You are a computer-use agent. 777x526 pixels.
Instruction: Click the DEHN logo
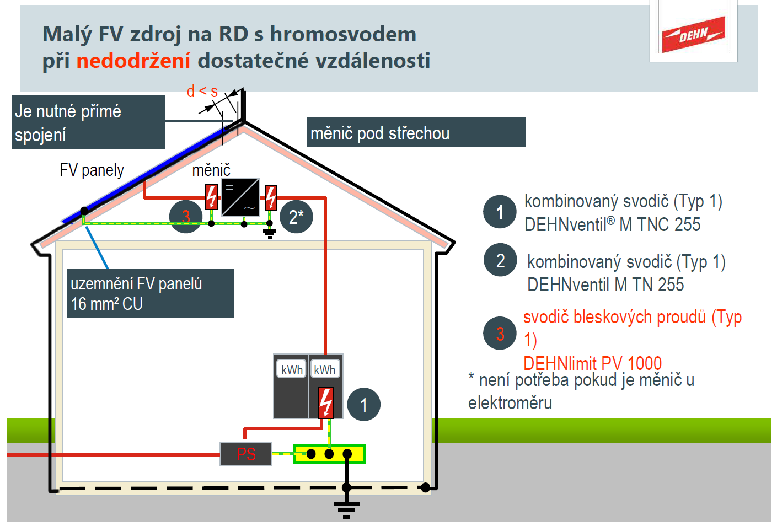coord(693,34)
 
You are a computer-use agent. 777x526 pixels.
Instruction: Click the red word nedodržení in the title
coord(133,61)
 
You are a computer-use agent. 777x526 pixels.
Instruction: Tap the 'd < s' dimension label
coord(202,91)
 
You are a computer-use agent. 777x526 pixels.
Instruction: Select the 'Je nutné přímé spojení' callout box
coord(88,122)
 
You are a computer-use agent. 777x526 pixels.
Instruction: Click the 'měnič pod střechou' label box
coord(415,132)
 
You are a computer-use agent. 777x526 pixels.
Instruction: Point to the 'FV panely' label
coord(92,170)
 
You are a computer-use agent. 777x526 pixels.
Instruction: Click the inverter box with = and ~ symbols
coord(240,197)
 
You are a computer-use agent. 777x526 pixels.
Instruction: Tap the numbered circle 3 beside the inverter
coord(185,217)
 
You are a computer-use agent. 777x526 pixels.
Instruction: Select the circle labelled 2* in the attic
coord(296,217)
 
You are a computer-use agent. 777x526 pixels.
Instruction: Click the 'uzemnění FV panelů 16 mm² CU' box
coord(151,293)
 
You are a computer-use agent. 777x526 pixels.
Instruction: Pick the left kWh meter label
coord(291,369)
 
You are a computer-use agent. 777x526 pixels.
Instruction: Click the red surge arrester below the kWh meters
coord(326,402)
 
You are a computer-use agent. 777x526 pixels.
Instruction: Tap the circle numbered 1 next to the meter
coord(363,405)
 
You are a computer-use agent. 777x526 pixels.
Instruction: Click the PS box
coord(246,454)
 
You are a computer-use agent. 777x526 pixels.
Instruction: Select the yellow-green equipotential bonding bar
coord(329,454)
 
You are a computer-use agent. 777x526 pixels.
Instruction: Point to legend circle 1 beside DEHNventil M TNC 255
coord(500,212)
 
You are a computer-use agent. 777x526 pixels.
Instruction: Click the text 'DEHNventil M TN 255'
coord(605,285)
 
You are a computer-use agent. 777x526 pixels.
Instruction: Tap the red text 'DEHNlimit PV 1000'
coord(592,363)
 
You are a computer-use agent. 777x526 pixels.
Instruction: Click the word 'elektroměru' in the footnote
coord(510,403)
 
